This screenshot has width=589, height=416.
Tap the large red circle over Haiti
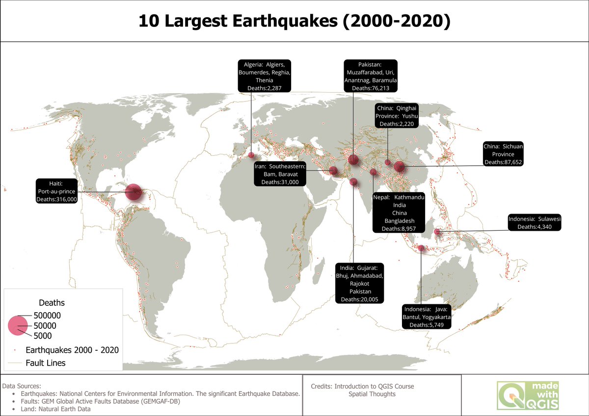(x=134, y=193)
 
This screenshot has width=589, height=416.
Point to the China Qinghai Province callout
(x=397, y=116)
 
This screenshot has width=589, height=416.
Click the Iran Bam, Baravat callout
(x=280, y=174)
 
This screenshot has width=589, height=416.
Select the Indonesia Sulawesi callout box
(x=535, y=222)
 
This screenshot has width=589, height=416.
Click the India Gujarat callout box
(x=360, y=283)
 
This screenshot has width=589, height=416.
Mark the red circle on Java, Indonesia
(x=421, y=248)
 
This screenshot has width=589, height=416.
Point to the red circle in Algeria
(x=251, y=155)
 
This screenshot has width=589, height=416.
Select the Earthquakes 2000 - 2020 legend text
(x=72, y=350)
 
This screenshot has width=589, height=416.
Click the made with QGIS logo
(x=527, y=395)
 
